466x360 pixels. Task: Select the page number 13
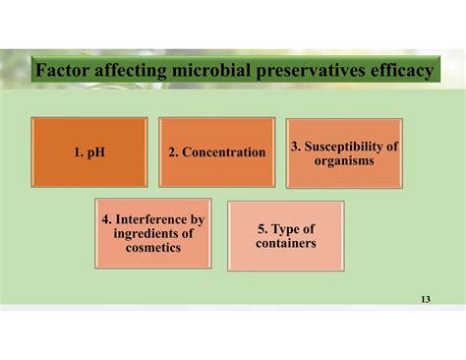425,298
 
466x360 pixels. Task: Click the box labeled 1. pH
89,152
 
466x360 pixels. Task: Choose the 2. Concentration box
216,152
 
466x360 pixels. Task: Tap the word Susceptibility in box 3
351,147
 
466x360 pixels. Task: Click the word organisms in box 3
344,159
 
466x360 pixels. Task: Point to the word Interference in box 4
159,219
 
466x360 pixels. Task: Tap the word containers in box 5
285,242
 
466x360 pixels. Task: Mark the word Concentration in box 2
223,152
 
